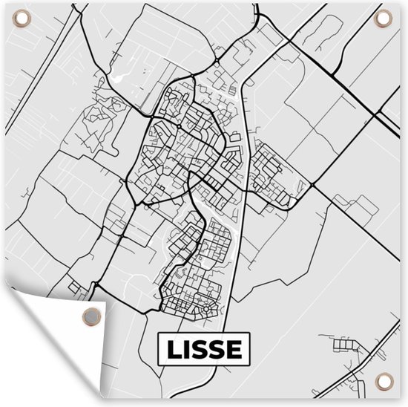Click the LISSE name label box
tap(204, 348)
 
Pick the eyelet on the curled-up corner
tap(90, 315)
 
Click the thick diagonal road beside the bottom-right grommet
tap(356, 371)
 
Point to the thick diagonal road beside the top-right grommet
tap(349, 52)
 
